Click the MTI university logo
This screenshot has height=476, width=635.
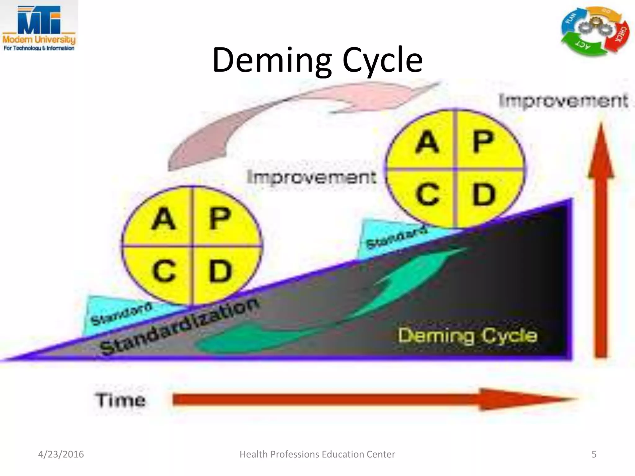39,27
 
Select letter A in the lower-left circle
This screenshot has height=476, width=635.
164,219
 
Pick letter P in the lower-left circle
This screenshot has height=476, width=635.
220,219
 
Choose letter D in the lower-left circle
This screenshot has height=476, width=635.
220,271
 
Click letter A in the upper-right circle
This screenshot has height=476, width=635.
427,142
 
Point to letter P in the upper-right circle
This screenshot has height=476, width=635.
483,142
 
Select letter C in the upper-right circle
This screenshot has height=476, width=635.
428,194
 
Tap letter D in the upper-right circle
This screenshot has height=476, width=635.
484,194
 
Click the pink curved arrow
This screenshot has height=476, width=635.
279,118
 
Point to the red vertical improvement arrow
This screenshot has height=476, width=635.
601,242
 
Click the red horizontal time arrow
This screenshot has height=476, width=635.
372,399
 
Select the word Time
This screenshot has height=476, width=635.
120,400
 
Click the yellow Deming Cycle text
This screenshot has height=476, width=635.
468,336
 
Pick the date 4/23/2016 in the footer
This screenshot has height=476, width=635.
61,454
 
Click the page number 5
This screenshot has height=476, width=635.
594,454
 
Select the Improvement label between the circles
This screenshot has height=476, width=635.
312,177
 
